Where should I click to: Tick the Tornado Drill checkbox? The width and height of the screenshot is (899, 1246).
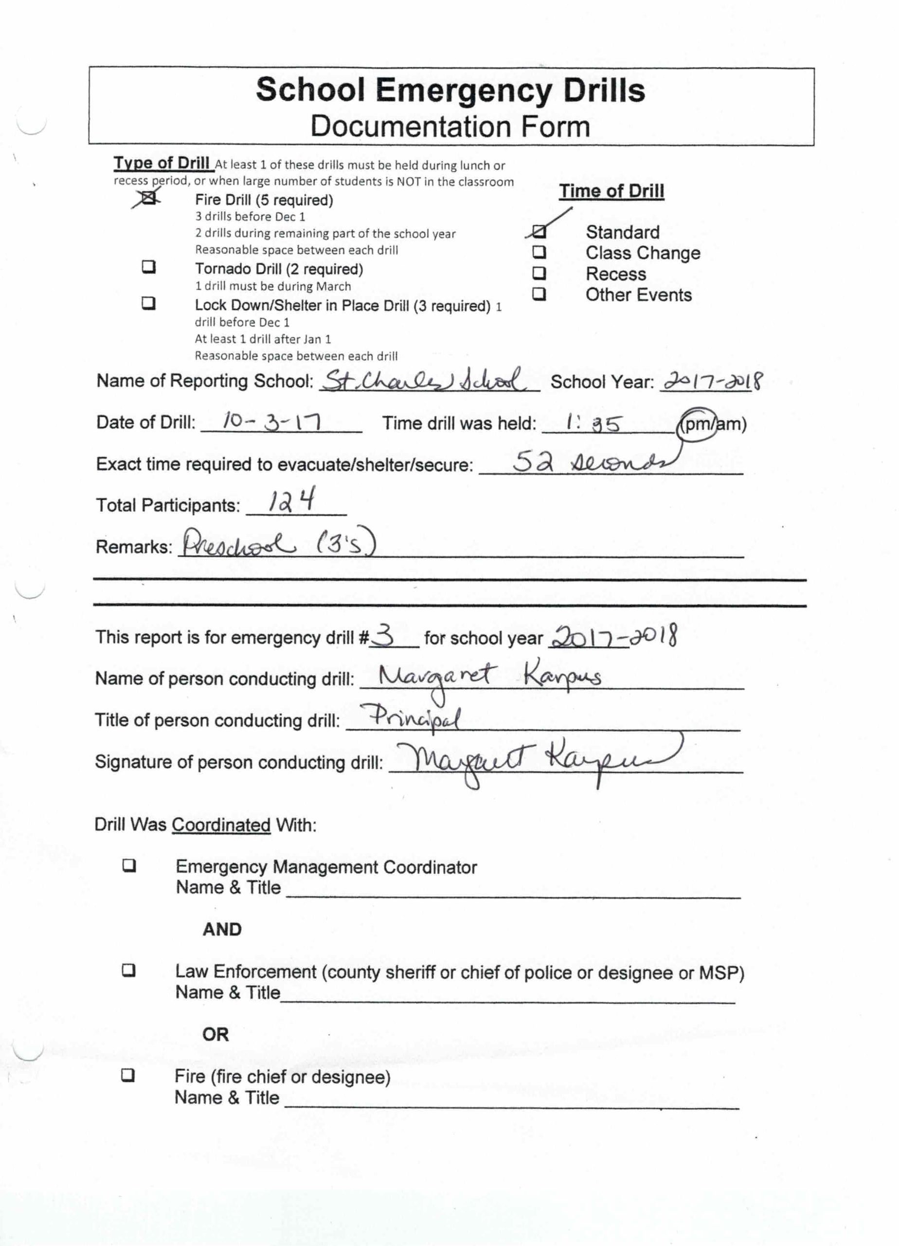coord(149,268)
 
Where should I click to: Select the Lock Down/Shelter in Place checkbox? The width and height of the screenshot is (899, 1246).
coord(148,303)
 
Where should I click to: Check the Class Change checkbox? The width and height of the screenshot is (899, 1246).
coord(539,252)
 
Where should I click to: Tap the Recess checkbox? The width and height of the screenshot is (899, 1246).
coord(539,273)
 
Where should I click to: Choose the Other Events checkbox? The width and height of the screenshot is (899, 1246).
coord(539,294)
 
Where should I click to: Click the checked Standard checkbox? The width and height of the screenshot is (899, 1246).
coord(539,232)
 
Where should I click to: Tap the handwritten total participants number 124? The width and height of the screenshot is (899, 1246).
coord(291,501)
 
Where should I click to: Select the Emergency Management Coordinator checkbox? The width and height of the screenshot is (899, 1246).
coord(129,866)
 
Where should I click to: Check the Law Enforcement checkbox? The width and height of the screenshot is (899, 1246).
coord(129,971)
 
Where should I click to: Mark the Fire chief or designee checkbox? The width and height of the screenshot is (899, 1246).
coord(128,1075)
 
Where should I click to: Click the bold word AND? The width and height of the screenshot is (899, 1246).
coord(222,930)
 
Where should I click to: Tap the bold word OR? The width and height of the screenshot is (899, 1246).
coord(216,1034)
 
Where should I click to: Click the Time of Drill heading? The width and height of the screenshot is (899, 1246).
coord(611,191)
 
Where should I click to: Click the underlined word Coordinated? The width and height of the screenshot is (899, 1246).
coord(221,825)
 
